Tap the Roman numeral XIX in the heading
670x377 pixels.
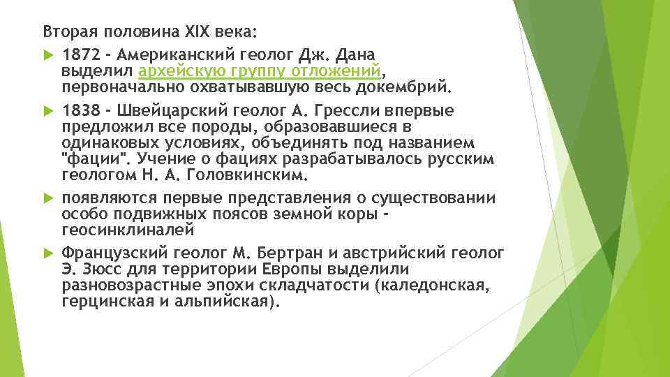(200, 31)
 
